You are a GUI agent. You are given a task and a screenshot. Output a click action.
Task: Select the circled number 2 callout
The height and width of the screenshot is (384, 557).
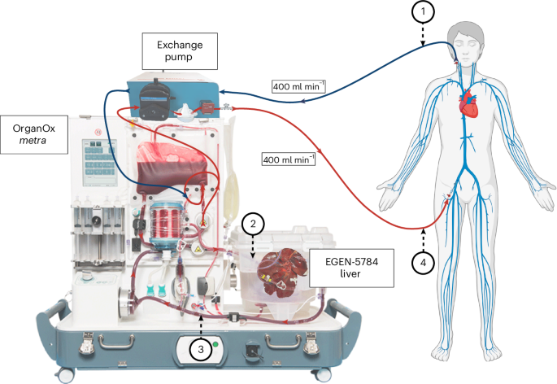254,222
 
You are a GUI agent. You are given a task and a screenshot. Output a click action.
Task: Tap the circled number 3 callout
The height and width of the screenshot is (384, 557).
202,349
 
